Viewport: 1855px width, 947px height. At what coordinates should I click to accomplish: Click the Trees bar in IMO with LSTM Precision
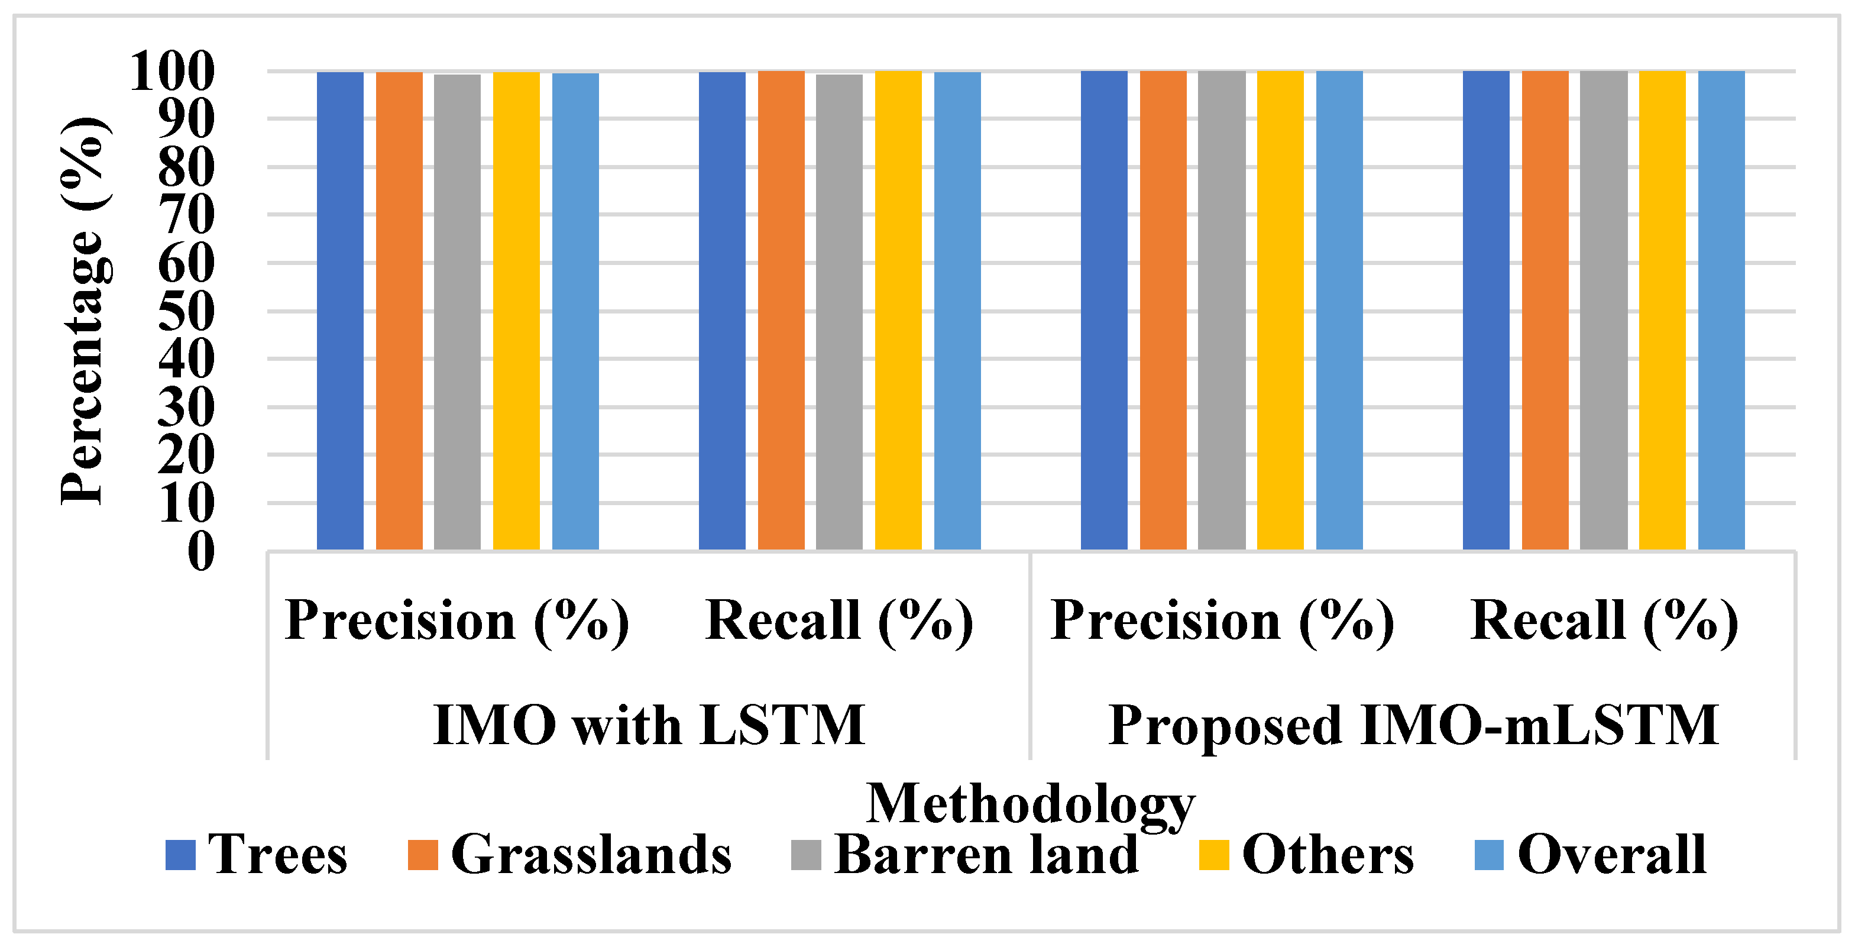[340, 311]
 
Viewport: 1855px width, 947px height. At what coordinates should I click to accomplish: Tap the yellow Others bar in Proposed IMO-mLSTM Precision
[1280, 311]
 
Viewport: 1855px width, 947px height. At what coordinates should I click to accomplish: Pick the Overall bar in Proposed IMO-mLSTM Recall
[1721, 311]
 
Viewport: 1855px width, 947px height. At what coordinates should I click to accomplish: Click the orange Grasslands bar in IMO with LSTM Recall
[781, 311]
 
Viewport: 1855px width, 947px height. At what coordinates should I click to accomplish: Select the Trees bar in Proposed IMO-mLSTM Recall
[1485, 311]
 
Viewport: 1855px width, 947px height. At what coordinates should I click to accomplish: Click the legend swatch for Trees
[180, 855]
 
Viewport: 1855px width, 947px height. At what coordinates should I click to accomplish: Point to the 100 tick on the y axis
[172, 72]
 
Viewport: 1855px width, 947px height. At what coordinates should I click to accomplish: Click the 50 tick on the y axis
[186, 311]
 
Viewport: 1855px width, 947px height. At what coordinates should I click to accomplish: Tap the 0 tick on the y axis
[201, 552]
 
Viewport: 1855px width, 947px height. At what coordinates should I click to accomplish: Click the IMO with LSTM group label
[649, 725]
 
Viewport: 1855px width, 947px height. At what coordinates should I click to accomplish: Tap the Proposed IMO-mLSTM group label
[1413, 725]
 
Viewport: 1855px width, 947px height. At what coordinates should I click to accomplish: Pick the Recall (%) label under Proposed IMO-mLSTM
[1604, 620]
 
